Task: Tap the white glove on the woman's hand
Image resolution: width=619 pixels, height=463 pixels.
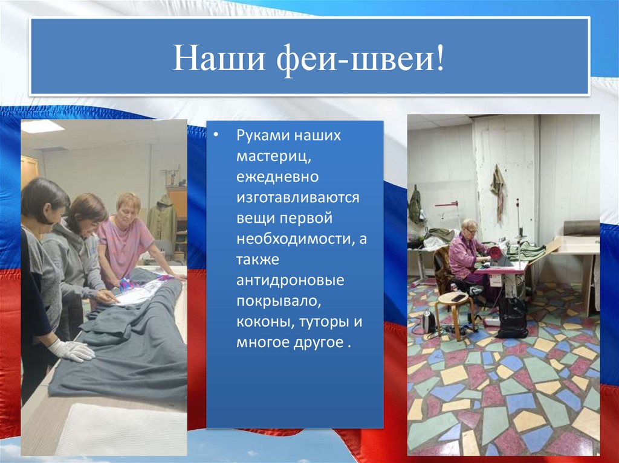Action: (71, 350)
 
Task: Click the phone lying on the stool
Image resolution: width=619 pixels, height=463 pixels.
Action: (457, 297)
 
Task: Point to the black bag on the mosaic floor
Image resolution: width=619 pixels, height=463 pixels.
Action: (513, 317)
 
